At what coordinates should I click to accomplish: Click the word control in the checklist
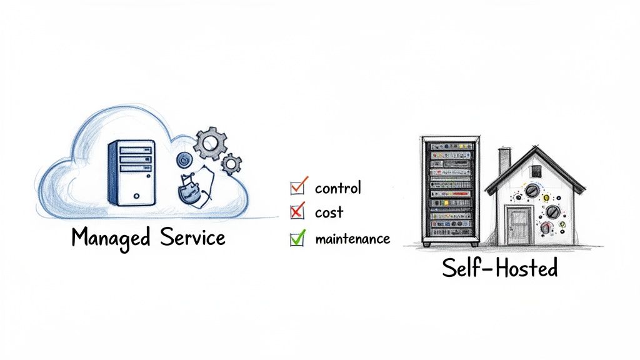pos(338,187)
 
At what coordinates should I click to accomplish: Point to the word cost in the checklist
pos(329,212)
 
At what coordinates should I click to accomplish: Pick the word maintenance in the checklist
pos(352,239)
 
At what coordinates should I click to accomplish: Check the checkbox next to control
pos(297,186)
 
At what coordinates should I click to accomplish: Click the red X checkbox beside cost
pos(297,212)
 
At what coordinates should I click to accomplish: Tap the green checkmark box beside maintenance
pos(297,238)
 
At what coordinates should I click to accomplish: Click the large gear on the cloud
pos(206,143)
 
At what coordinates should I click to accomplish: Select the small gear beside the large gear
pos(231,164)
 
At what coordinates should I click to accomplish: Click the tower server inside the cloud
pos(131,172)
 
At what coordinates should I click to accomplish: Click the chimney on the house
pos(504,161)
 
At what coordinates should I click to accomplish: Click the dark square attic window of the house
pos(535,171)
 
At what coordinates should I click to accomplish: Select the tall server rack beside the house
pos(449,190)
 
